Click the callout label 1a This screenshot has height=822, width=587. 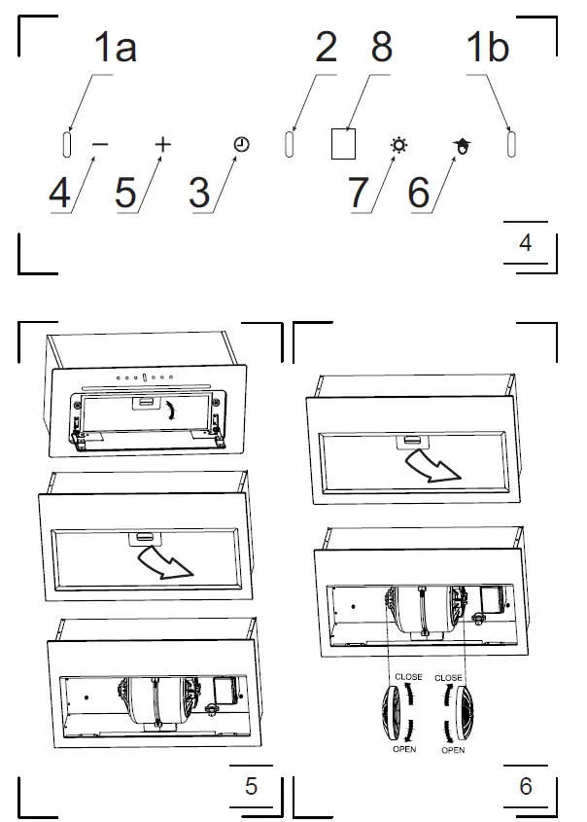[115, 48]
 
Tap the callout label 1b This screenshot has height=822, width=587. [487, 48]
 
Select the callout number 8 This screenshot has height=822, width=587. [381, 48]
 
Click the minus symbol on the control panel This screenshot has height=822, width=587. [100, 144]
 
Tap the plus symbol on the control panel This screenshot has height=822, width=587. [163, 144]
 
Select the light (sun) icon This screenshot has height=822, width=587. [399, 145]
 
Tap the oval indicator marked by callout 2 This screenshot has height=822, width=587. [289, 144]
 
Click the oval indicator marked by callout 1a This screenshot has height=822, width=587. [67, 144]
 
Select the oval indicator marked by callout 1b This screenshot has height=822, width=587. [511, 144]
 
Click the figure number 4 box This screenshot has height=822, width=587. [526, 243]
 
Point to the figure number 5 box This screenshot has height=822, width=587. [251, 786]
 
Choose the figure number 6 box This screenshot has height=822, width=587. [526, 786]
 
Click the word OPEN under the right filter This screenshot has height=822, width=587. [452, 751]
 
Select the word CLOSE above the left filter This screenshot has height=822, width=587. [408, 676]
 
